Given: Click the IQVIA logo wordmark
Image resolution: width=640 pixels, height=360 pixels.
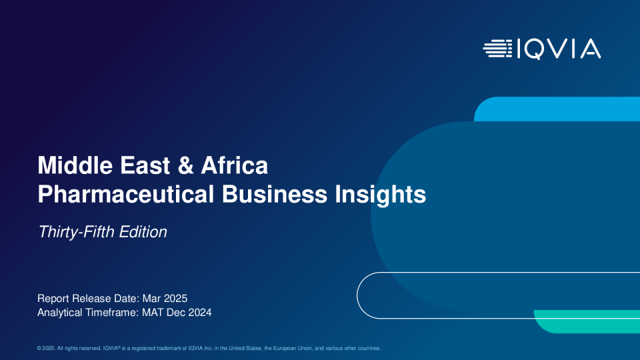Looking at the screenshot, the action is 559,49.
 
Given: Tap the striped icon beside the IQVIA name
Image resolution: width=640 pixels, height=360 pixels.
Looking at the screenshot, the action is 497,49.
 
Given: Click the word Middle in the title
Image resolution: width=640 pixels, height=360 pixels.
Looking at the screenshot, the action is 75,165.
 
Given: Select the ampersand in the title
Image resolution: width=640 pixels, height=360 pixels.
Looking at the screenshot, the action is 186,165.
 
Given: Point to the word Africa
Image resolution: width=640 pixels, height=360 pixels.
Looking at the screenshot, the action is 234,165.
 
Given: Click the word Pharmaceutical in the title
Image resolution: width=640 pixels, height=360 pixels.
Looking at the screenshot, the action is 126,194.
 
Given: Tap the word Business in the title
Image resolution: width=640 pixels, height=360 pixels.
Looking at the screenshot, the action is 274,194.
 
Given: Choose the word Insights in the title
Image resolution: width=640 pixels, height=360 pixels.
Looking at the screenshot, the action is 381,195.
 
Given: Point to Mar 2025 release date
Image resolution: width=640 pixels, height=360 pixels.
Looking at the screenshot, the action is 165,299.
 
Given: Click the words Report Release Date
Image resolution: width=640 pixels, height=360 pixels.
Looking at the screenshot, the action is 88,299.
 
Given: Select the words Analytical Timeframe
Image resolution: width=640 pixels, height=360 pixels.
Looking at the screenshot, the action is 88,313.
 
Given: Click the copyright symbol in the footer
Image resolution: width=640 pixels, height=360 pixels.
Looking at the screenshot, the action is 39,348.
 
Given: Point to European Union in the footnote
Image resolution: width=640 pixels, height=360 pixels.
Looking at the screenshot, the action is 292,348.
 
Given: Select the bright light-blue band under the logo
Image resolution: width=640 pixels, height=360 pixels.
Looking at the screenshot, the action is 557,109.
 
